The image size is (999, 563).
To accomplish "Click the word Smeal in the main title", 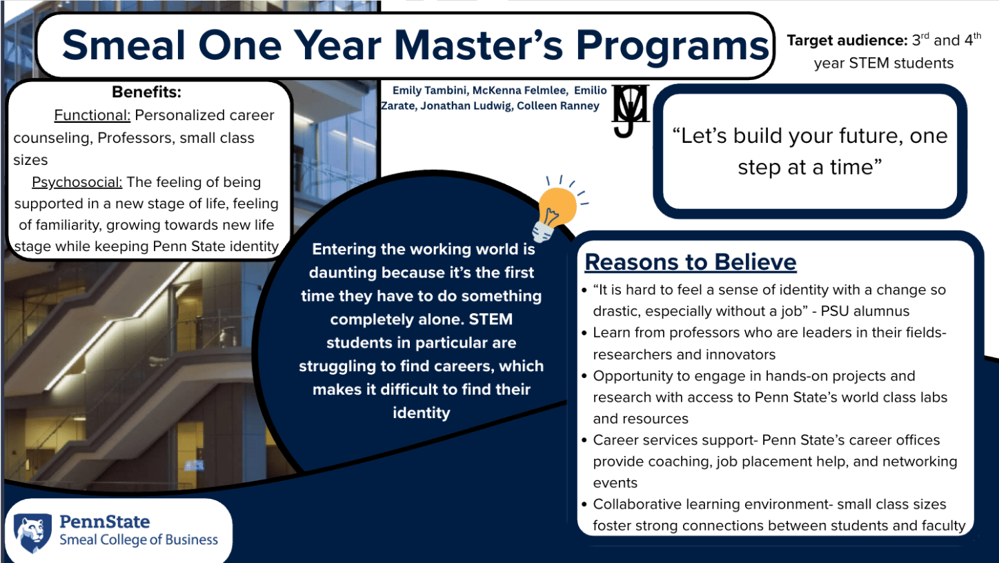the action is coord(123,45).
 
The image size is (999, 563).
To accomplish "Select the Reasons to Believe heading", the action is coord(691,262).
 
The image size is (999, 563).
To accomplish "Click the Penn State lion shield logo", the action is coord(32,533).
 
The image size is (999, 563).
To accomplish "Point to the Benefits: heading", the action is coord(147,92).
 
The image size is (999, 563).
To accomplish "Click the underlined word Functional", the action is coord(92,115).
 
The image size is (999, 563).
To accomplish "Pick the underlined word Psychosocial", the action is coord(77,182).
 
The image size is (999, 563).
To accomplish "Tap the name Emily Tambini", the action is coord(429,90).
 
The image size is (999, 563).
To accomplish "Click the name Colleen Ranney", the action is coord(558,106).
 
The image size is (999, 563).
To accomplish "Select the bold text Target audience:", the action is coord(847,41).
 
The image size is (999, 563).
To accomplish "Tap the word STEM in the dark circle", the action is coord(491,319).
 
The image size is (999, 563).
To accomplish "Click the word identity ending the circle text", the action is coord(422,413).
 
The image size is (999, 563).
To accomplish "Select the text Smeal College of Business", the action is coord(139,540).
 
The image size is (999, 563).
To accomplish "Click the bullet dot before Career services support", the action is coord(584,441).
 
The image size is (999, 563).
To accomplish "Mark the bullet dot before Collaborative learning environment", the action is coord(584,505).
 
